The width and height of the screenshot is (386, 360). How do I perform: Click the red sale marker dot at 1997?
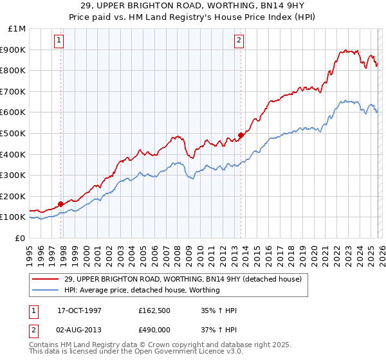tap(61, 204)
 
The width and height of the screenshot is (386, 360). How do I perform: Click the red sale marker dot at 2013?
tap(240, 135)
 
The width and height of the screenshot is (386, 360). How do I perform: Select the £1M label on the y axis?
tap(17, 28)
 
